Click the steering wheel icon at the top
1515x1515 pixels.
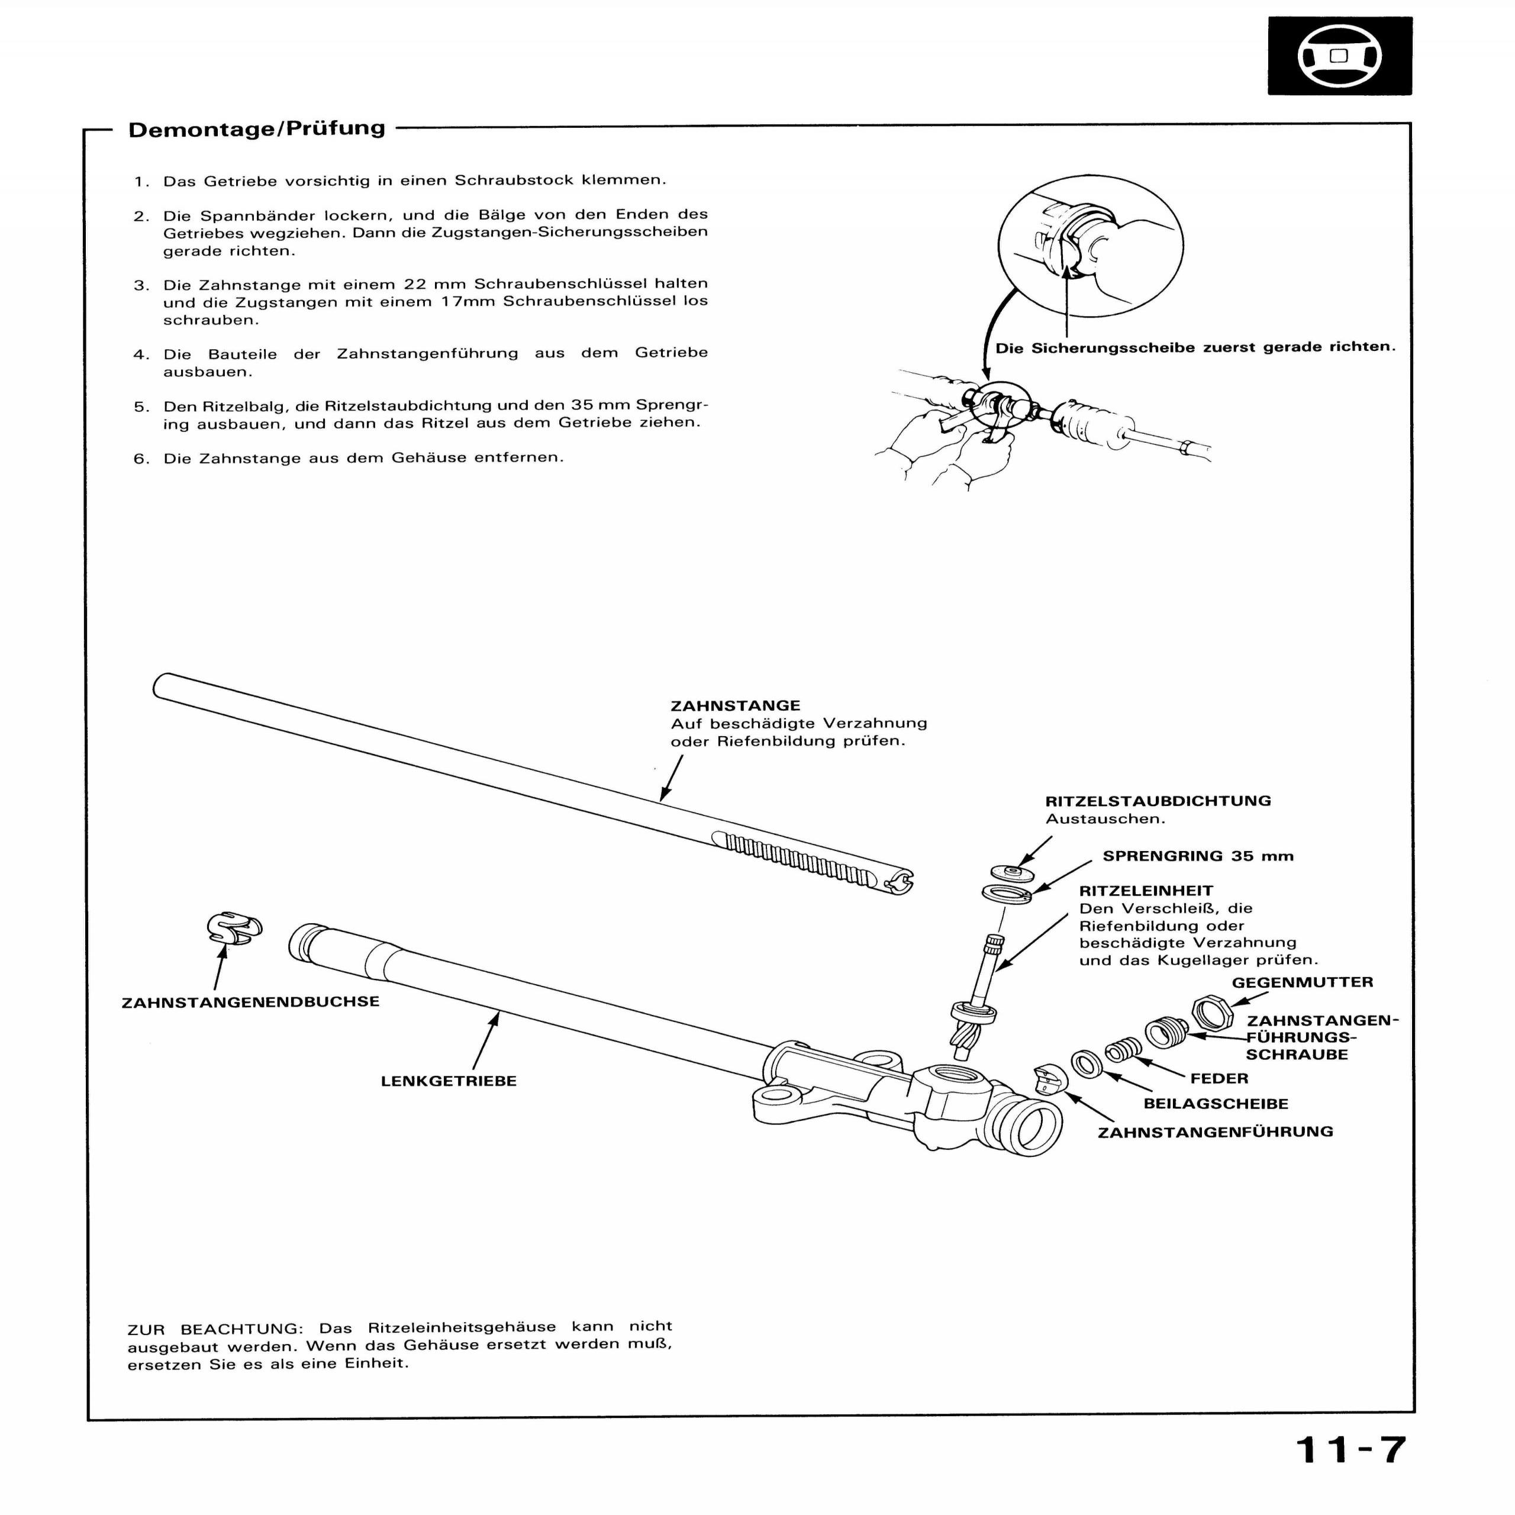point(1339,56)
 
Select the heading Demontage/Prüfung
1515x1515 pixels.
point(256,128)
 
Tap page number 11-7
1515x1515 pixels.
point(1351,1450)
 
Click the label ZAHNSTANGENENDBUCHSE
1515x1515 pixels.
point(250,1002)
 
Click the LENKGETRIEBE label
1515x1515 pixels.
point(449,1081)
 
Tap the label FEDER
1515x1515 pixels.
point(1219,1079)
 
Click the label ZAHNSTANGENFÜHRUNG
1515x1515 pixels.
point(1215,1132)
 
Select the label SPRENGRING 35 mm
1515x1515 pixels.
point(1197,856)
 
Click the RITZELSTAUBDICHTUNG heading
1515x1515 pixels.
point(1158,801)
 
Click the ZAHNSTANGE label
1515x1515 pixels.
point(735,706)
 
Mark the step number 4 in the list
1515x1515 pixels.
point(141,354)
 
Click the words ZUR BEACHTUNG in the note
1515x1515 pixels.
point(215,1330)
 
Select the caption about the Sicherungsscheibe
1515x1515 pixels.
point(1195,347)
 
